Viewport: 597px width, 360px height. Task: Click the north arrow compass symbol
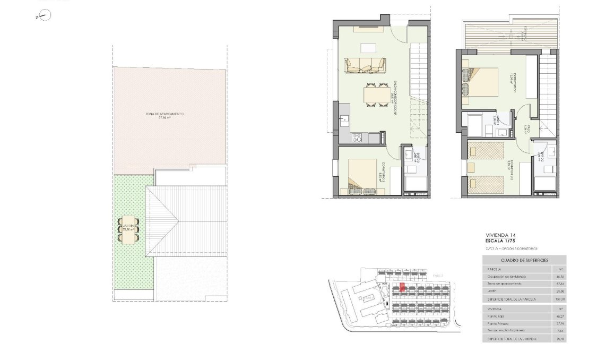[x=45, y=16]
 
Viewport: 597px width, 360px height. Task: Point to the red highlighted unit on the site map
[x=402, y=287]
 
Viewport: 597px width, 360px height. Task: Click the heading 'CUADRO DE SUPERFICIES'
[x=524, y=260]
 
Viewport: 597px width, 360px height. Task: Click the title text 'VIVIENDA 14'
[x=500, y=235]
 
